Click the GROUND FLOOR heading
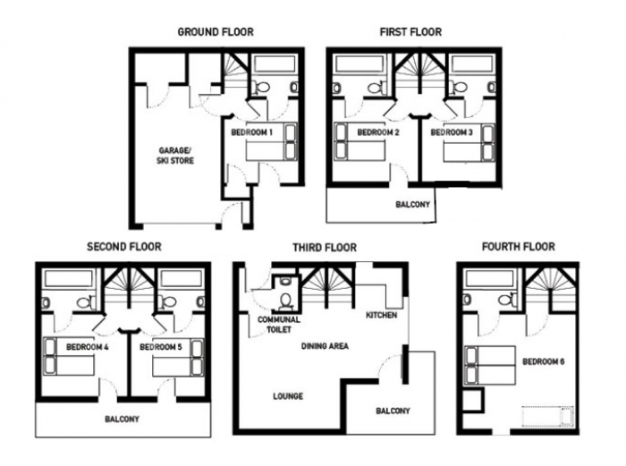[x=216, y=32]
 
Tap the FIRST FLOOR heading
[x=410, y=32]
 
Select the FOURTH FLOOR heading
[x=518, y=247]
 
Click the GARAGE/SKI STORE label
[x=175, y=156]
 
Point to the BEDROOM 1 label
[x=251, y=132]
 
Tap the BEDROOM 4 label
[x=88, y=347]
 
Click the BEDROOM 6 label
[x=544, y=361]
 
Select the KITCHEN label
[x=382, y=315]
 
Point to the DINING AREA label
[x=325, y=346]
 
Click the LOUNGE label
[x=288, y=396]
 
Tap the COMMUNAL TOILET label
[x=279, y=325]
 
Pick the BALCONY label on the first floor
[x=413, y=205]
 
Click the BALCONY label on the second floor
[x=123, y=419]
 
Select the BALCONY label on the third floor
[x=393, y=411]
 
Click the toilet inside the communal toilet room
[x=286, y=301]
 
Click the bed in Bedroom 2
[x=360, y=141]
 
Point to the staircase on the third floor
[x=327, y=287]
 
